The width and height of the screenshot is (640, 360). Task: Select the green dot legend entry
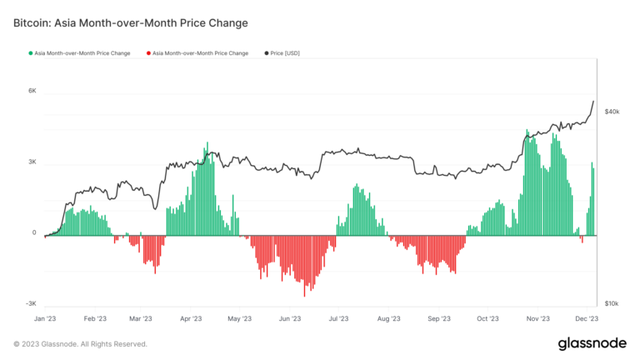click(78, 52)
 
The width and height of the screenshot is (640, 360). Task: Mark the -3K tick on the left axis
click(30, 305)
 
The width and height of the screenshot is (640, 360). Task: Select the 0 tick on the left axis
click(34, 233)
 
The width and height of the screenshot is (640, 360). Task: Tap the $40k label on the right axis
click(612, 111)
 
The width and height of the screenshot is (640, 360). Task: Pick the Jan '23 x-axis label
click(44, 318)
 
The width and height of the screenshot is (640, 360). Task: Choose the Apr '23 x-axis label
click(192, 318)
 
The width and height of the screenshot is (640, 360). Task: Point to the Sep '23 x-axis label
click(438, 318)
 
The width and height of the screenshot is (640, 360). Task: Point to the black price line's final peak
click(593, 102)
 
